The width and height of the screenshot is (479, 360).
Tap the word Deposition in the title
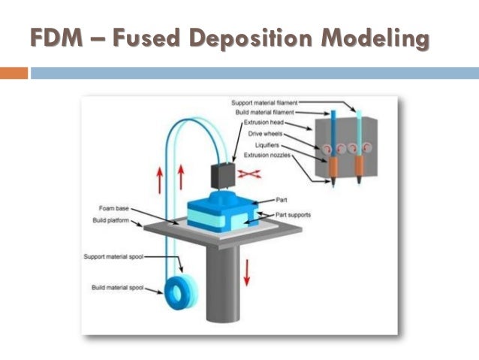(x=267, y=37)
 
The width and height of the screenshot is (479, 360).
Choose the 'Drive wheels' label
(x=268, y=134)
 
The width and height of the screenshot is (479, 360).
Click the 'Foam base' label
(x=112, y=207)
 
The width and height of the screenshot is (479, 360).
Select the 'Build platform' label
(x=112, y=221)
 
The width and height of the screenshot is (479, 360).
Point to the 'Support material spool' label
(x=116, y=256)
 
